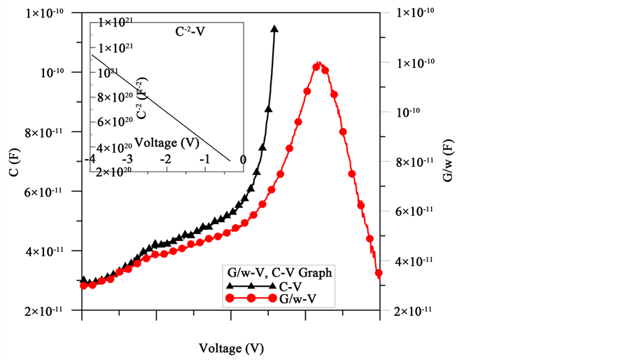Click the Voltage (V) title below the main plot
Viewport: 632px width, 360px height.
pos(232,348)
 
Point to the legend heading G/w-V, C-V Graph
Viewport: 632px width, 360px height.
pos(276,273)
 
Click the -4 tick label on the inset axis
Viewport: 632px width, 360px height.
pos(90,160)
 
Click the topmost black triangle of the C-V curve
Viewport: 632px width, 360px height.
pos(274,29)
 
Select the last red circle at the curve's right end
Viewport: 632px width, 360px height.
pos(379,273)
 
